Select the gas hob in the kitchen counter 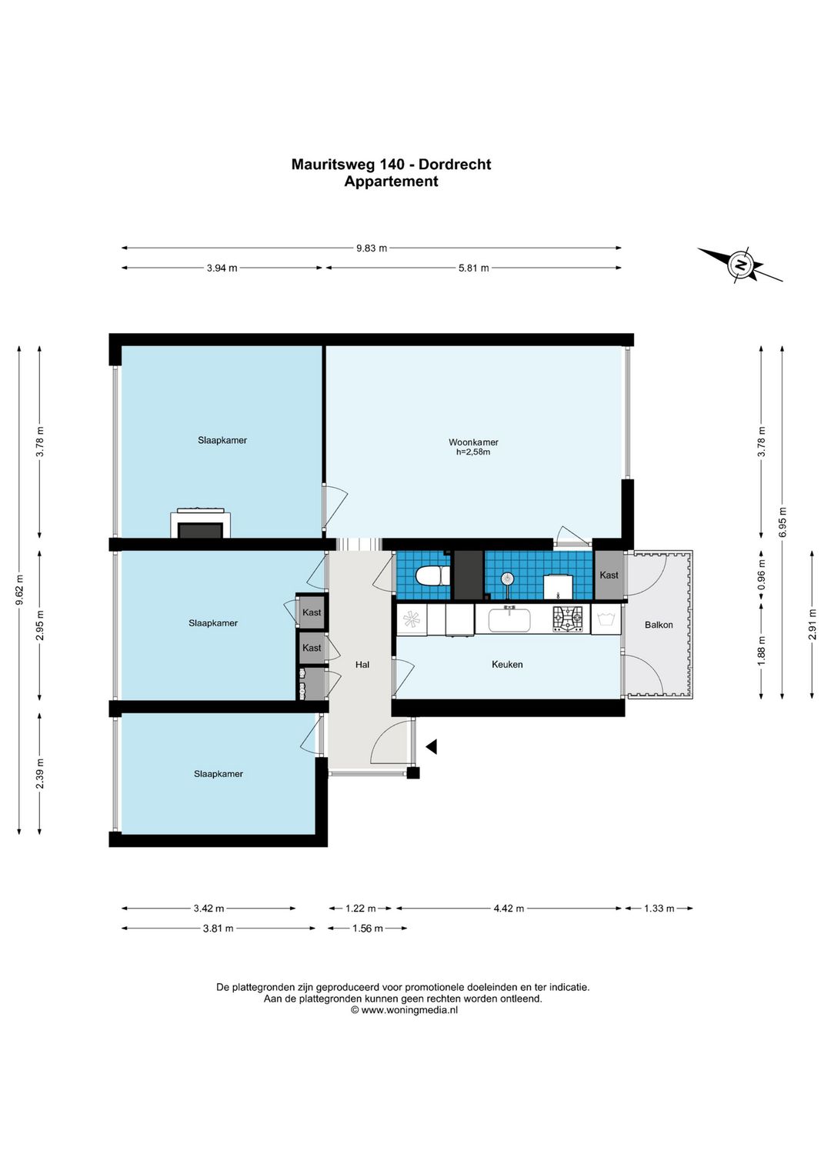pos(567,619)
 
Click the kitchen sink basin pos(509,620)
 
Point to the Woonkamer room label pos(473,442)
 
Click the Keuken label pos(507,664)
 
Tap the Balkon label pos(659,625)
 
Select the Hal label pos(362,664)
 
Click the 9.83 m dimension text pos(372,248)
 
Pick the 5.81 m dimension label pos(473,268)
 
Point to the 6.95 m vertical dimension pos(783,522)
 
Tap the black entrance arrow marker pos(431,746)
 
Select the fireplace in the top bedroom pos(200,522)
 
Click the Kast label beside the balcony pos(609,575)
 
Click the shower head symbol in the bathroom pos(506,579)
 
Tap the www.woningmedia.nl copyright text pos(404,1010)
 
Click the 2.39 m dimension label pos(40,774)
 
